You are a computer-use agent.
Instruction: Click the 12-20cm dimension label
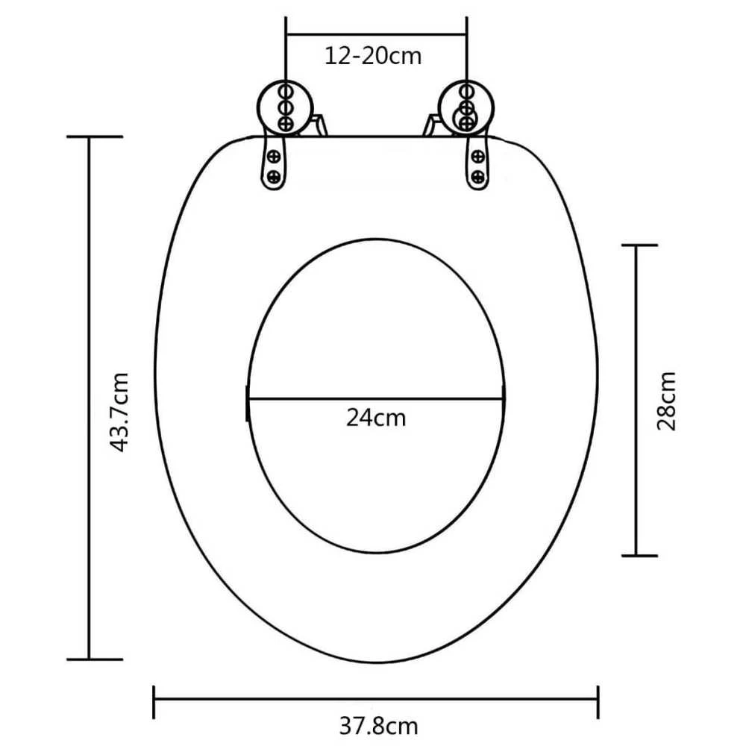(x=373, y=56)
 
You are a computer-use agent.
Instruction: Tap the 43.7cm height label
(x=119, y=412)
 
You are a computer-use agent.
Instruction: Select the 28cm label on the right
(x=666, y=401)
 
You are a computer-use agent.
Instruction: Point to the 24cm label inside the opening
(x=376, y=419)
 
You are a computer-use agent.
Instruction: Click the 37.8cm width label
(x=379, y=727)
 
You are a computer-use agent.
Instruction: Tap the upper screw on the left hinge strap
(x=274, y=156)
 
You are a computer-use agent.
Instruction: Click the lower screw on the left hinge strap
(x=274, y=177)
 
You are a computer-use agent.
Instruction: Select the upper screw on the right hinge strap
(x=477, y=156)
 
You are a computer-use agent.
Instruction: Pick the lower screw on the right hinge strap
(x=477, y=178)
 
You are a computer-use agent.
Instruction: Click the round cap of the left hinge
(x=285, y=108)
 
